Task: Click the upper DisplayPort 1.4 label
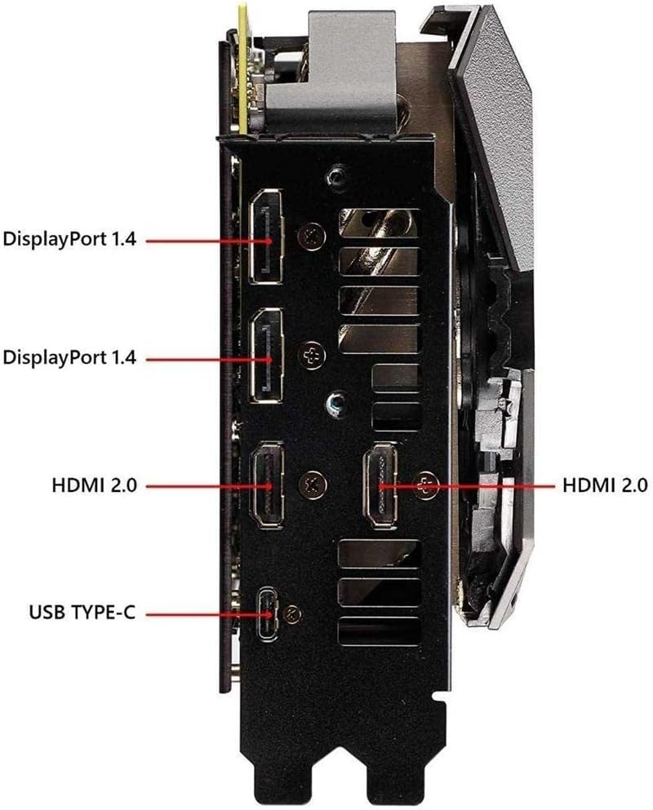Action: [69, 240]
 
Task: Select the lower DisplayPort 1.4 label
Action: [69, 357]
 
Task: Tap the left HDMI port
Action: [267, 485]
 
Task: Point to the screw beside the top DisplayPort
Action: [309, 233]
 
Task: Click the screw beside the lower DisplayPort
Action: [311, 355]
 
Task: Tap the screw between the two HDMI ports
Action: [311, 483]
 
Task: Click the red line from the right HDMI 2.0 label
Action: [482, 485]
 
